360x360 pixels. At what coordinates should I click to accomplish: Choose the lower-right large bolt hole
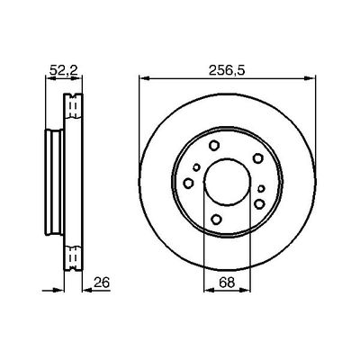tap(259, 204)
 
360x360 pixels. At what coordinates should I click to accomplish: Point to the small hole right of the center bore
tap(260, 187)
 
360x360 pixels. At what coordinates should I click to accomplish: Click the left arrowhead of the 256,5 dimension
tap(141, 79)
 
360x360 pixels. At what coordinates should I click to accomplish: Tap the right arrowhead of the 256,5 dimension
tap(316, 79)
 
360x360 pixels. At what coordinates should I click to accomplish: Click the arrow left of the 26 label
tap(88, 289)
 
